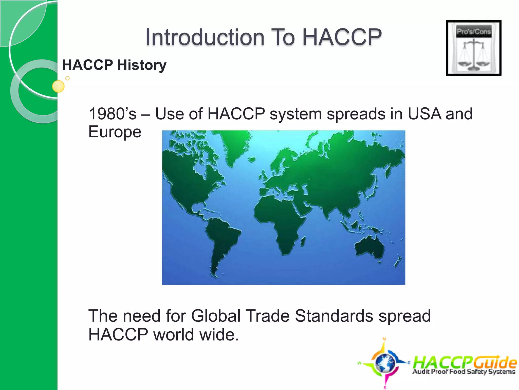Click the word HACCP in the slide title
point(342,37)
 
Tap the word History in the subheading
point(142,65)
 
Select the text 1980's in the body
point(113,114)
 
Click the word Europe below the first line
point(115,132)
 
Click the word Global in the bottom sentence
point(216,316)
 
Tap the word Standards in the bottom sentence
point(334,316)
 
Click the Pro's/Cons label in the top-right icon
point(474,32)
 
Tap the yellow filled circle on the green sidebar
point(58,86)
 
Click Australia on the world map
point(369,248)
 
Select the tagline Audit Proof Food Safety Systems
point(464,372)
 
